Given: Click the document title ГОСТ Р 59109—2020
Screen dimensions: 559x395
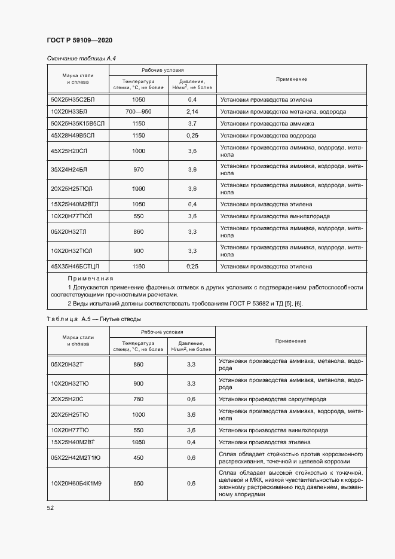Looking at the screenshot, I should point(79,40).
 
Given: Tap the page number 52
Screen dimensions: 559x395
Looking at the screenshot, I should point(50,508).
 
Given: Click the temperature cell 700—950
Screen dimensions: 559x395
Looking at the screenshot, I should point(138,112).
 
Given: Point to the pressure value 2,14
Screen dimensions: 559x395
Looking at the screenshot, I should point(192,112).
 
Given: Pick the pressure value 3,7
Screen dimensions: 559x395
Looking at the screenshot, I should point(192,124).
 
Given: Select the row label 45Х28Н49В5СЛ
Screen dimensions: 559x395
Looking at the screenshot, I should point(73,136).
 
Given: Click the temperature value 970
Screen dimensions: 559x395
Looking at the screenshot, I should point(138,170).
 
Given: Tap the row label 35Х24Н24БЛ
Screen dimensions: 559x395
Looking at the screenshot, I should point(69,170).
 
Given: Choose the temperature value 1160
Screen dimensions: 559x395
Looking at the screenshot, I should point(138,266).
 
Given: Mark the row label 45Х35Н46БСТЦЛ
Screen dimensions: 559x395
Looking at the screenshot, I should point(75,266).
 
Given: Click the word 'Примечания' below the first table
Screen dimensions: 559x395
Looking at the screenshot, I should point(90,279).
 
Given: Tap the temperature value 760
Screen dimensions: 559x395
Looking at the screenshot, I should point(138,399).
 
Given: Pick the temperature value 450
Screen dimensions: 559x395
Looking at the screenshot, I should point(138,457).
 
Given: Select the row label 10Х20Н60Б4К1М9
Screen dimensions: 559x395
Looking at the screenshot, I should point(76,483).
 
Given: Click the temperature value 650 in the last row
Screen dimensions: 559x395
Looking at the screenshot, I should point(138,483).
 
